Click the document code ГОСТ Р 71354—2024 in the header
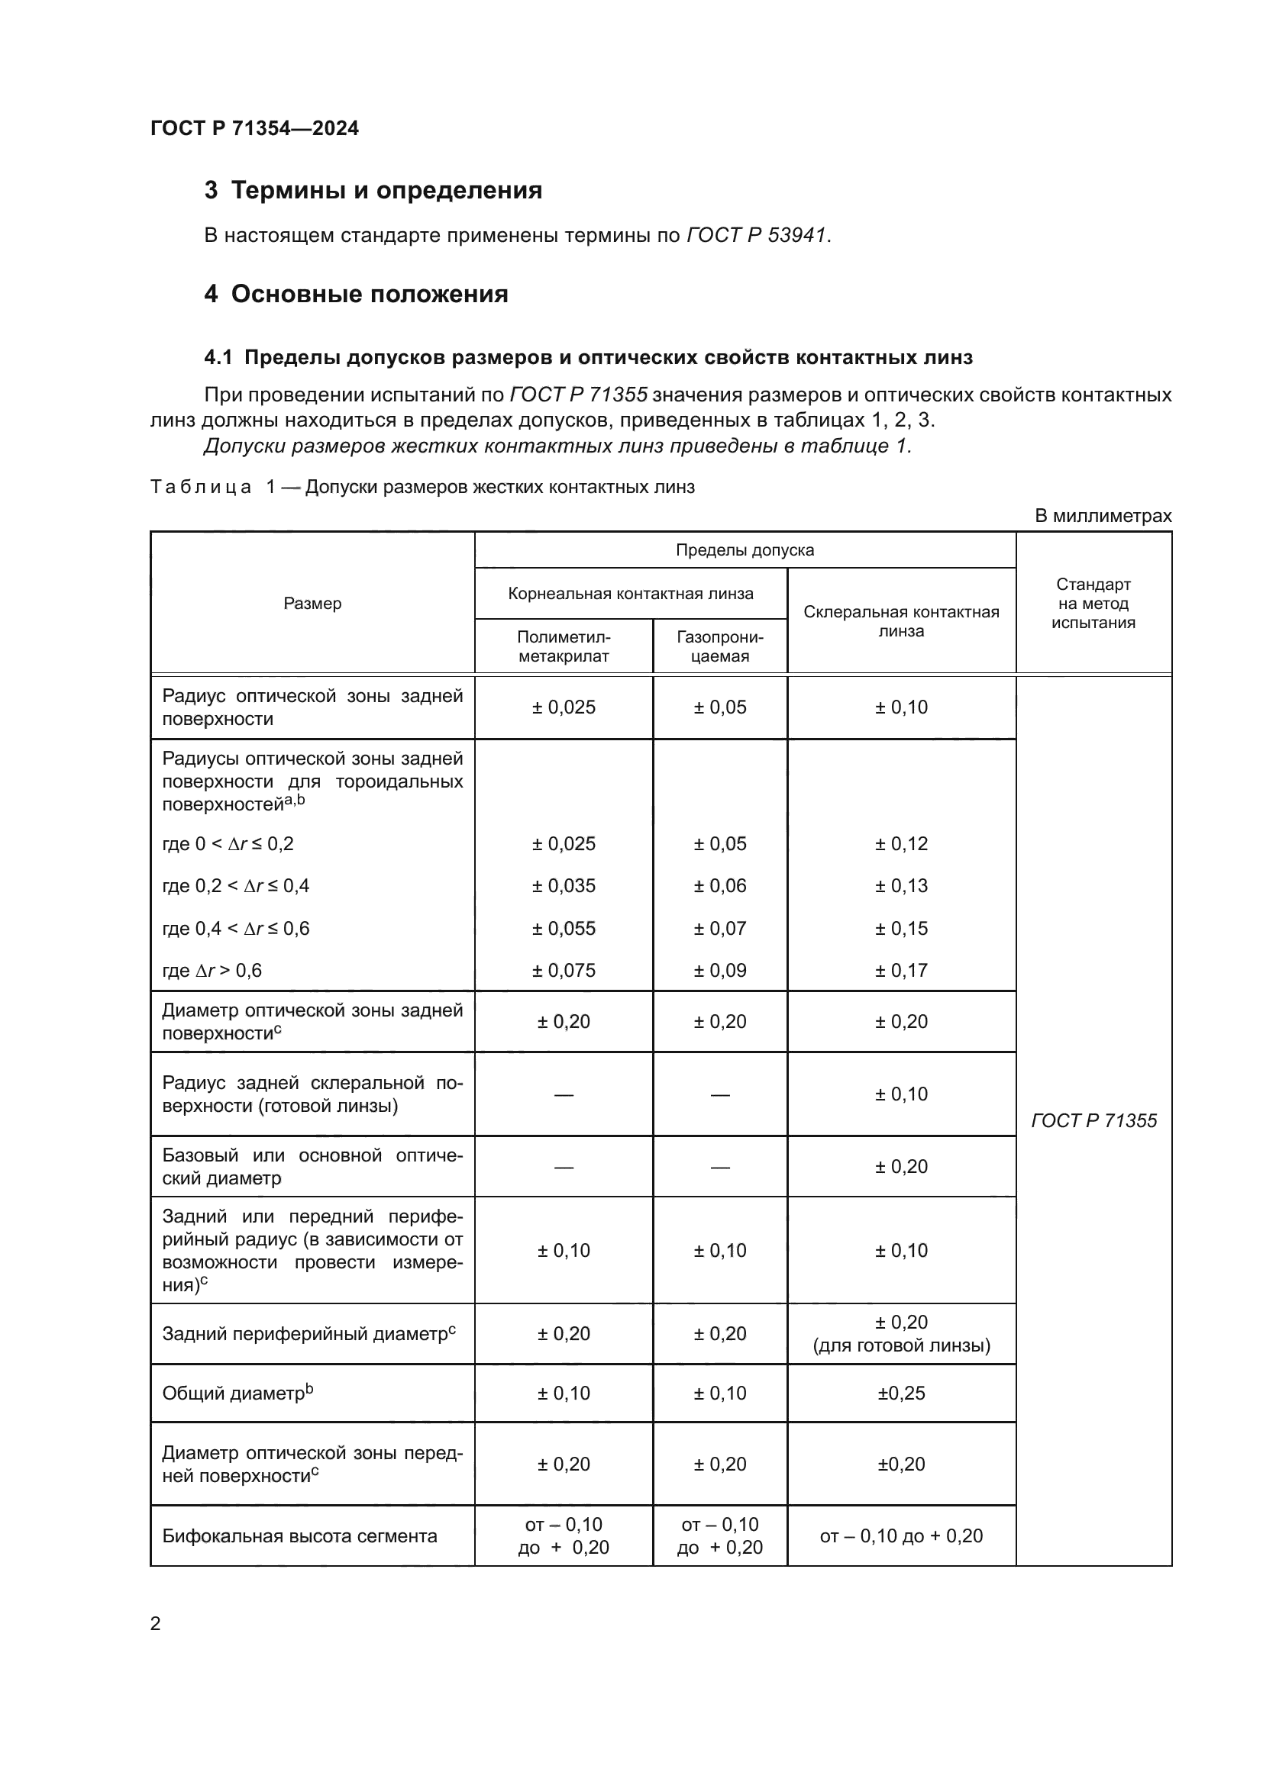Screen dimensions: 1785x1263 [254, 128]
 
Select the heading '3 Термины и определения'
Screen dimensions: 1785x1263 [373, 191]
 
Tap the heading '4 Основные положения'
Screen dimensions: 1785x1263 [356, 294]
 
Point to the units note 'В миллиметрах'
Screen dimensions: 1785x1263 [1102, 515]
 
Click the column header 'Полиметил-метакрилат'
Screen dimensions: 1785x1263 [563, 646]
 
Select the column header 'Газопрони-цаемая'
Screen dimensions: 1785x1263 [719, 646]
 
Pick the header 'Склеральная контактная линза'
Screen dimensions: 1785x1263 [900, 621]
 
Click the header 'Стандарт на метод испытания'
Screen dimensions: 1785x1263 [1093, 604]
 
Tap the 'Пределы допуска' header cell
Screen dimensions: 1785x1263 [745, 550]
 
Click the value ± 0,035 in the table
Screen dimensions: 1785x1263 [563, 885]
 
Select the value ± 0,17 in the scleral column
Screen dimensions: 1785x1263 [900, 970]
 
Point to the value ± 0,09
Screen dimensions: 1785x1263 [719, 970]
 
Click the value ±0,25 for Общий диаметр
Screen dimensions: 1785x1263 [900, 1394]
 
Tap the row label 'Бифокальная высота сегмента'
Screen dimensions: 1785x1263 [299, 1535]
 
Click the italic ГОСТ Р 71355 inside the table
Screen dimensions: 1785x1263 [1093, 1120]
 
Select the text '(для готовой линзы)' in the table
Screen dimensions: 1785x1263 [900, 1345]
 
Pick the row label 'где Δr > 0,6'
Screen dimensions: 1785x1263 [212, 970]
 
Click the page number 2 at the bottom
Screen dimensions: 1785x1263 [156, 1623]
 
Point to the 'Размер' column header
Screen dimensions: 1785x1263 [312, 604]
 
